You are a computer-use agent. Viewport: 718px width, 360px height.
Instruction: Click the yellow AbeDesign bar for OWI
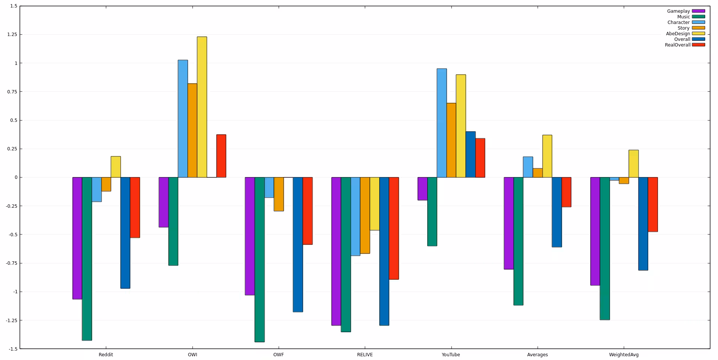[202, 107]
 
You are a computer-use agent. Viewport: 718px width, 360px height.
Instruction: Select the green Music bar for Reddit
[87, 259]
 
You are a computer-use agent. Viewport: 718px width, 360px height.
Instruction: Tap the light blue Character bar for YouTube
[441, 123]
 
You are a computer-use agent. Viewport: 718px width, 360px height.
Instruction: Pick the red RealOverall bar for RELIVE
[394, 228]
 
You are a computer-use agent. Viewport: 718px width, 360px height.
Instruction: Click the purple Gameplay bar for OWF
[250, 236]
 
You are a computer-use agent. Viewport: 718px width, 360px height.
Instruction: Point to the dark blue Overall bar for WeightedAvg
[643, 223]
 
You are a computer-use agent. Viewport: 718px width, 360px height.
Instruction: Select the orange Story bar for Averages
[537, 173]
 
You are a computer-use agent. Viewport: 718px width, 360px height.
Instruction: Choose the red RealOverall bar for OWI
[221, 156]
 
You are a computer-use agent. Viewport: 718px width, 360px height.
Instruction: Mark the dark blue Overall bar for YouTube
[470, 154]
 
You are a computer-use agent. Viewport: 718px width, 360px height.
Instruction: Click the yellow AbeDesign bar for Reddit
[115, 167]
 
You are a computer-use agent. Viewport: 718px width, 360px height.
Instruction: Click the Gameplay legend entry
[678, 11]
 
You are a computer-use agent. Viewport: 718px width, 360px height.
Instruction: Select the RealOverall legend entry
[678, 45]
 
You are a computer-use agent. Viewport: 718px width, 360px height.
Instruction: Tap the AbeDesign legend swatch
[698, 34]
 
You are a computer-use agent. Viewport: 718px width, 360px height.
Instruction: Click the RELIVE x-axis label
[365, 355]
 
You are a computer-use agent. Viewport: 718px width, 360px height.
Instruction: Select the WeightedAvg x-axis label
[624, 355]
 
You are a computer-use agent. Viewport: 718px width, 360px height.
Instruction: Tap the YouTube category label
[450, 355]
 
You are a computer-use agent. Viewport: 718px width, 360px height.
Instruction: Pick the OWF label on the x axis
[278, 355]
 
